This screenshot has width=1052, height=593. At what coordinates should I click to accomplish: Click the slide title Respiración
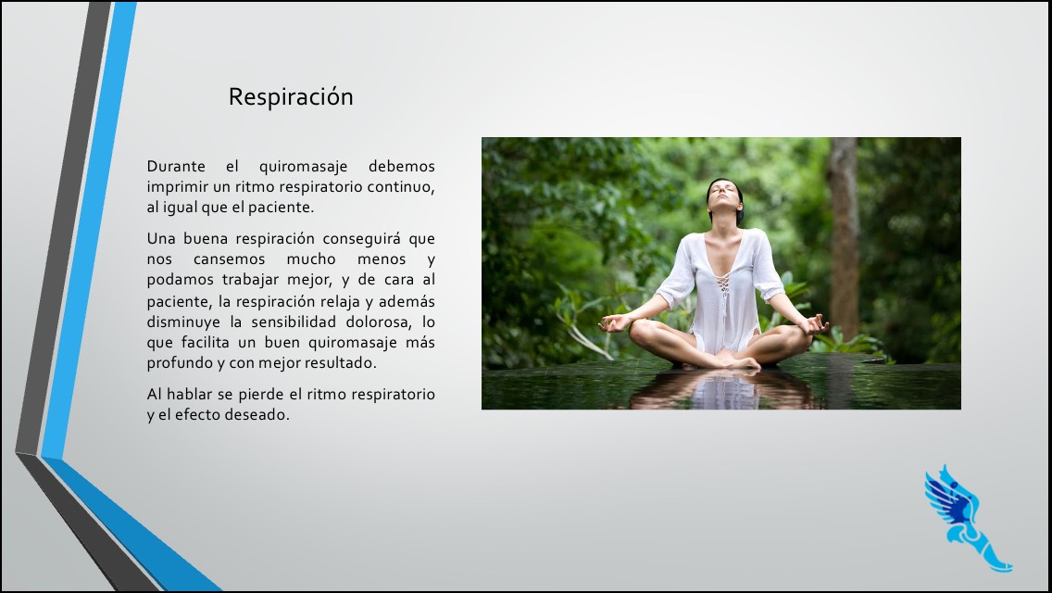tap(291, 97)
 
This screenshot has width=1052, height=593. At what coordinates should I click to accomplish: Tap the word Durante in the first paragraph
tap(176, 166)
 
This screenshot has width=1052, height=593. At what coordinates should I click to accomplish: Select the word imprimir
tap(177, 187)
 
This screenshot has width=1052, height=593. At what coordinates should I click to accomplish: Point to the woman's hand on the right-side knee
tap(814, 325)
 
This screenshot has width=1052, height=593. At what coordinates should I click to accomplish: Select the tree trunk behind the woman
tap(844, 235)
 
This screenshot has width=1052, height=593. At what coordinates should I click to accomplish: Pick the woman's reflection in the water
tap(722, 390)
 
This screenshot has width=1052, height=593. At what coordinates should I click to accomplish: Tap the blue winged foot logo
tap(966, 518)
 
